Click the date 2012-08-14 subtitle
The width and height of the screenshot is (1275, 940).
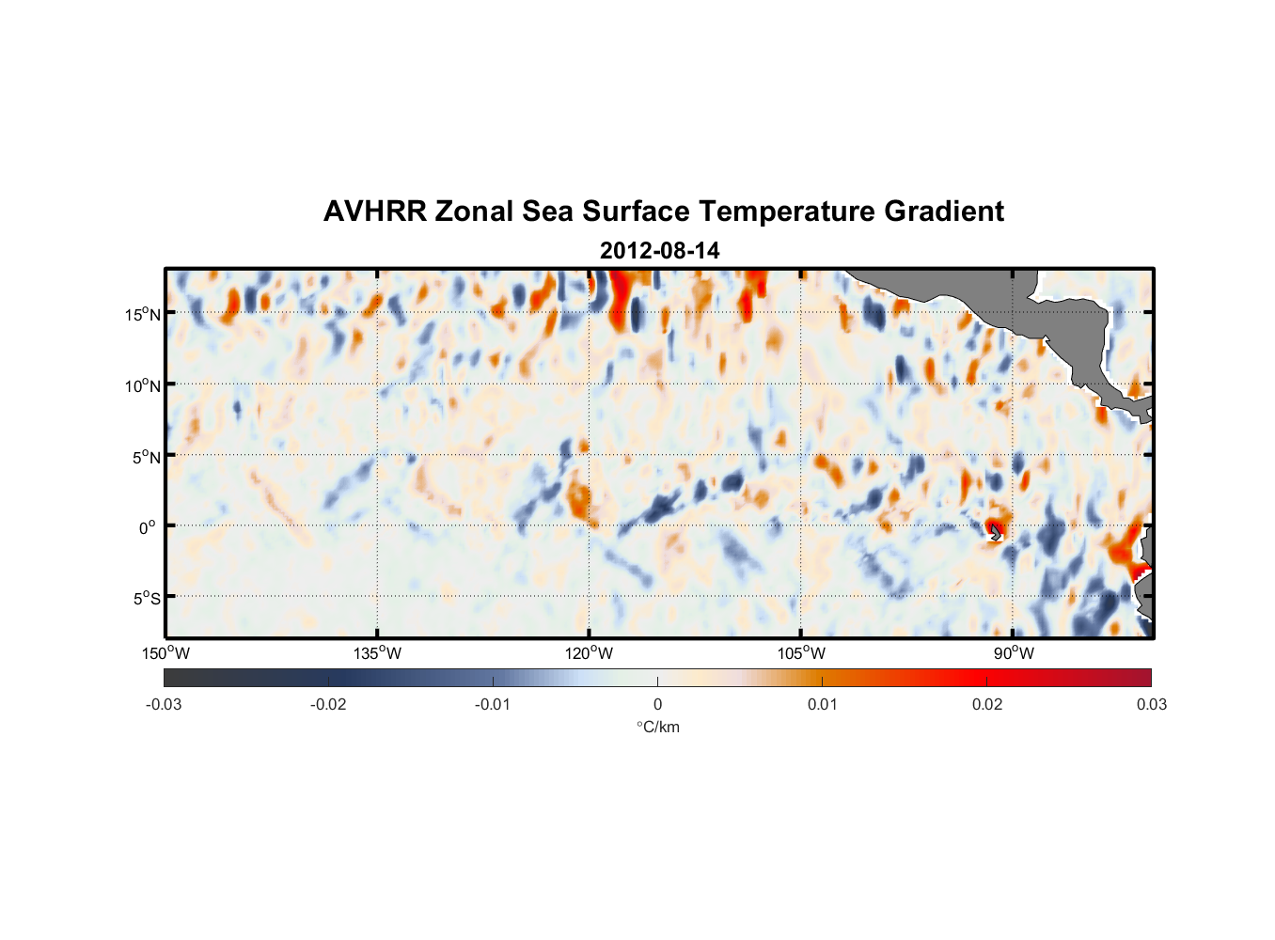[x=659, y=251]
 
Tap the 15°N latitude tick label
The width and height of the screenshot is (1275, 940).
[x=142, y=314]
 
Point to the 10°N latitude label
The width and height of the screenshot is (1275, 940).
[x=142, y=385]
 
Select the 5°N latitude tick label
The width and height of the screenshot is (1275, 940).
[x=146, y=457]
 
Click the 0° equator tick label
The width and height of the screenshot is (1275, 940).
[x=148, y=527]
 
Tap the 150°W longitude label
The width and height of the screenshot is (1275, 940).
[x=165, y=653]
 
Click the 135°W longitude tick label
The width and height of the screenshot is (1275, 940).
[x=377, y=653]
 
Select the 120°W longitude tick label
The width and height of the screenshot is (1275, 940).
[x=589, y=653]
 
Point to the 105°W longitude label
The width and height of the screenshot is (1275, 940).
[x=801, y=653]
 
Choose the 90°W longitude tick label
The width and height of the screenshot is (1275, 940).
[x=1013, y=653]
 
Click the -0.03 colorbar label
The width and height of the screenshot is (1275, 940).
[x=164, y=705]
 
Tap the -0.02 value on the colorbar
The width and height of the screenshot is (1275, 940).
[x=328, y=705]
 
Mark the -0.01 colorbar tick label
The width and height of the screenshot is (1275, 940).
[x=493, y=705]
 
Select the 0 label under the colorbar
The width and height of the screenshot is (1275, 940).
[x=657, y=705]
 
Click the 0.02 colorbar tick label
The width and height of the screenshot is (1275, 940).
[x=987, y=705]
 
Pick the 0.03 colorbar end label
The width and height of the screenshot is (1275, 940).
[x=1151, y=705]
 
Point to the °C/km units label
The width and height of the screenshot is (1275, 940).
[x=658, y=727]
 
